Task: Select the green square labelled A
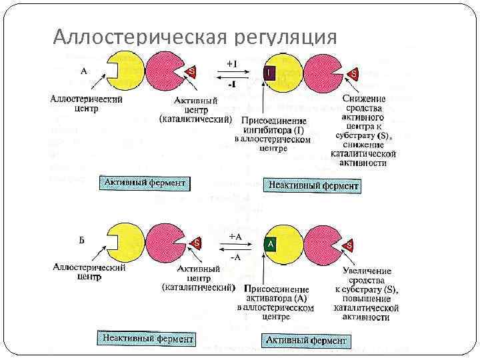click(x=271, y=245)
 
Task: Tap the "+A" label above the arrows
click(x=235, y=236)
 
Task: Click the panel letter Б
click(x=81, y=240)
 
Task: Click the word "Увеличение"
click(x=367, y=271)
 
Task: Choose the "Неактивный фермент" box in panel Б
click(x=147, y=339)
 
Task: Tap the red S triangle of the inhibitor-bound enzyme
click(x=353, y=72)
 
